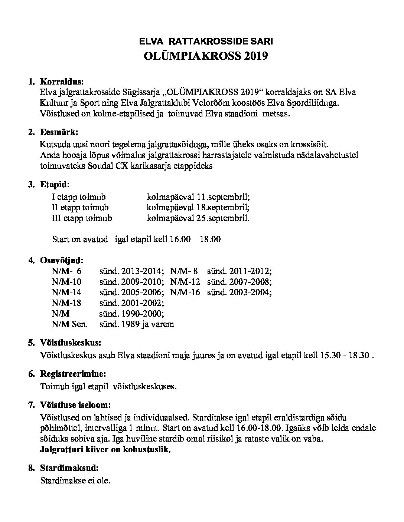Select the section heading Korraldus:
click(x=62, y=81)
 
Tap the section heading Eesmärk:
click(x=59, y=132)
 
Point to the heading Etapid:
click(x=55, y=184)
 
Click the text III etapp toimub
click(x=82, y=218)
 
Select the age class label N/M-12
click(x=185, y=281)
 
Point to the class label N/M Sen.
click(x=70, y=324)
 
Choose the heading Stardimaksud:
click(x=69, y=468)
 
